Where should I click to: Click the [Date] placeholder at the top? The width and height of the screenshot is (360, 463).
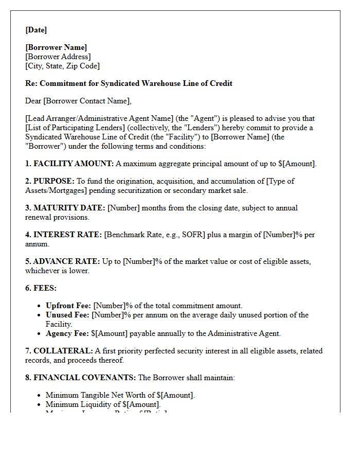point(36,30)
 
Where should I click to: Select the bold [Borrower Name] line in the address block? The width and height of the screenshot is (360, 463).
point(56,47)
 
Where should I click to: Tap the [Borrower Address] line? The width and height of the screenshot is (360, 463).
point(58,57)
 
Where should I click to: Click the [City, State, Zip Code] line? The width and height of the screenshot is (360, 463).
point(62,66)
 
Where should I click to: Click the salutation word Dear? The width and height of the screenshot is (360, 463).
point(33,101)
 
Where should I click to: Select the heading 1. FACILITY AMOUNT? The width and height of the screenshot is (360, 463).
point(69,164)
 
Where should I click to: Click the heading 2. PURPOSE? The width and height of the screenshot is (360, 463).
point(50,181)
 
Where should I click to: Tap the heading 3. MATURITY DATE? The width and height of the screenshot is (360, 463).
point(65,208)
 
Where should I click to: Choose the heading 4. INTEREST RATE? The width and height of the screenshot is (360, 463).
point(64,235)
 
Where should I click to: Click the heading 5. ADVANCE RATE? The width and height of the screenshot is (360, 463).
point(63,261)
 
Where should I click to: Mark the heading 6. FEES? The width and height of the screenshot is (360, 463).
point(41,288)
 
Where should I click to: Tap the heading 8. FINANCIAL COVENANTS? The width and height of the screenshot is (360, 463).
point(81,378)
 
